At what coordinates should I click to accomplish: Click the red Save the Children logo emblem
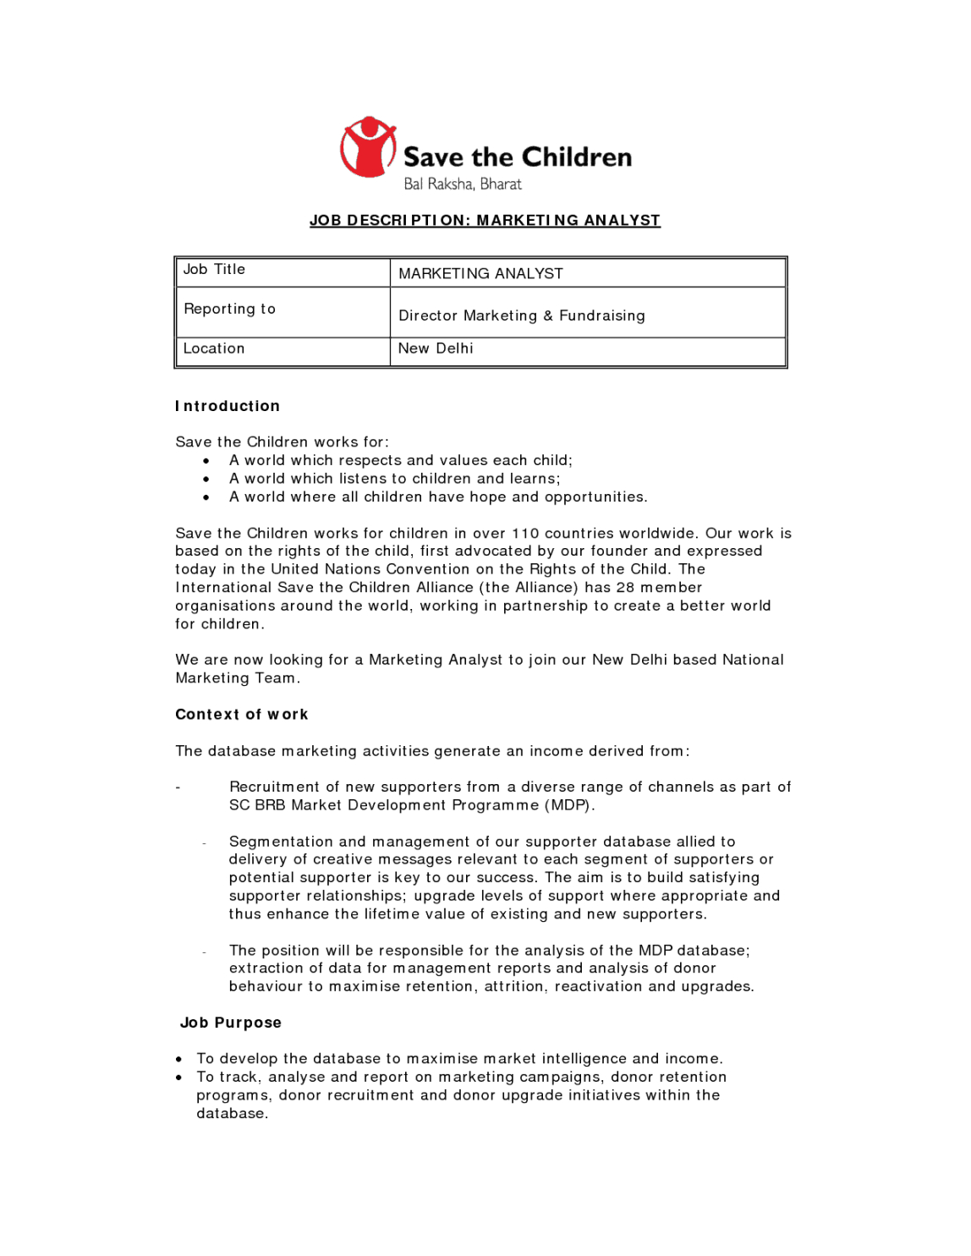[368, 147]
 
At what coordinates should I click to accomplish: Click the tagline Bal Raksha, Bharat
[462, 184]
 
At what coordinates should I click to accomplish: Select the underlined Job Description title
[485, 221]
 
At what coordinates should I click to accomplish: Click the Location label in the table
[214, 348]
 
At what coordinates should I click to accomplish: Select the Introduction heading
[228, 407]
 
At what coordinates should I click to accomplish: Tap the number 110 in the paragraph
[524, 534]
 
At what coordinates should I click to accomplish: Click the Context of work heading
[241, 715]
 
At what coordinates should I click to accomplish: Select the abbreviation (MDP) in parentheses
[569, 805]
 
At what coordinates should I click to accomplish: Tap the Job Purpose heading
[230, 1023]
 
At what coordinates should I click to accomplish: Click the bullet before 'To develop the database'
[179, 1059]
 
